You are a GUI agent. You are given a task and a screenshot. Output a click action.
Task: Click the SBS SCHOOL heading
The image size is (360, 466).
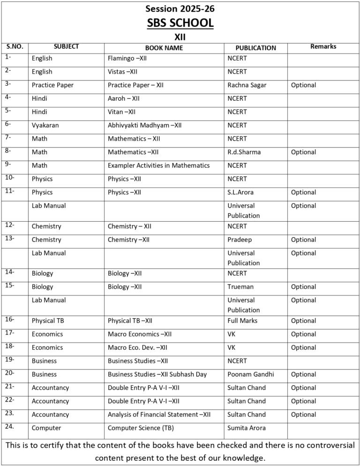click(180, 23)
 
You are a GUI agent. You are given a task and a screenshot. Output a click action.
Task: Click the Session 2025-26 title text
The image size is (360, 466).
click(180, 8)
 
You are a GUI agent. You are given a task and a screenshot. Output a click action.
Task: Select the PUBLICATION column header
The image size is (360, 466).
click(255, 47)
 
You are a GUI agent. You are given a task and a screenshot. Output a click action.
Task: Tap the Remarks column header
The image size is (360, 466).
click(323, 46)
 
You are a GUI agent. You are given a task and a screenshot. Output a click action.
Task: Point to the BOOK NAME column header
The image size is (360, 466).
click(164, 47)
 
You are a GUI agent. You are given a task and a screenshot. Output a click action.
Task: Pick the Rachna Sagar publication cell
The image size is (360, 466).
click(247, 85)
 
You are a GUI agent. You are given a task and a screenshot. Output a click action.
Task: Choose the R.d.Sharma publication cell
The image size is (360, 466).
click(244, 152)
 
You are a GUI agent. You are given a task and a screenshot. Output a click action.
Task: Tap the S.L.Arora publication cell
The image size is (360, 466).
click(243, 192)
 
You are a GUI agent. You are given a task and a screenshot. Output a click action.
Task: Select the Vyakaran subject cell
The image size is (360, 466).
click(45, 125)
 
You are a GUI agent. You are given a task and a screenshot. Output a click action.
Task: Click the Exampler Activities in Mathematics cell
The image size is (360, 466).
click(158, 165)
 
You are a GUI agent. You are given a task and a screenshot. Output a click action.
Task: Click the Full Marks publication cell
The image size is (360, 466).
click(242, 321)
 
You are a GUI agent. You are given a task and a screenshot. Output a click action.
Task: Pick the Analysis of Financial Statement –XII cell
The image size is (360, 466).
click(159, 414)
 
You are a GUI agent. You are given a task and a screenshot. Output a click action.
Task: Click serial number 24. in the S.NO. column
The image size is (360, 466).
click(10, 427)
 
